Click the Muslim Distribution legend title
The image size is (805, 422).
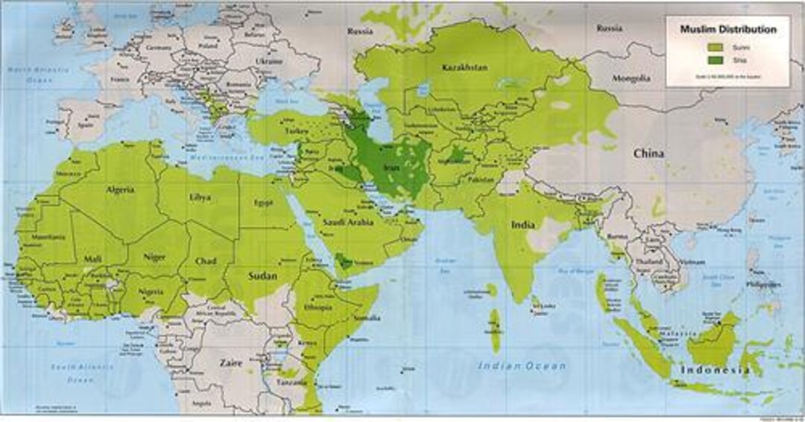click(727, 30)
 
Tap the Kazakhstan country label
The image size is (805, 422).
click(464, 68)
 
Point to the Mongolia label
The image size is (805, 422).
click(631, 78)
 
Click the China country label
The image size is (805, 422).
click(648, 154)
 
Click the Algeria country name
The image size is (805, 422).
click(119, 190)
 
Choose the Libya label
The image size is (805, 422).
click(201, 198)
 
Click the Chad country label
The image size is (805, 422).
click(206, 262)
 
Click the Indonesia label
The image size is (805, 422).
click(715, 371)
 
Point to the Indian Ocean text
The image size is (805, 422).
click(522, 366)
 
